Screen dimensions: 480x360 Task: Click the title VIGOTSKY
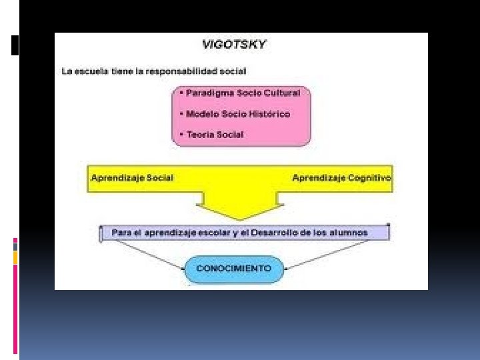234,45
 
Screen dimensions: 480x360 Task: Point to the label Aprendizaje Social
132,178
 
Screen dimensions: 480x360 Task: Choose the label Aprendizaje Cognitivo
341,178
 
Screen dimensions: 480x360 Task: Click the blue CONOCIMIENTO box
234,269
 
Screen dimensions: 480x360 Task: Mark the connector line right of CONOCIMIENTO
327,254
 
